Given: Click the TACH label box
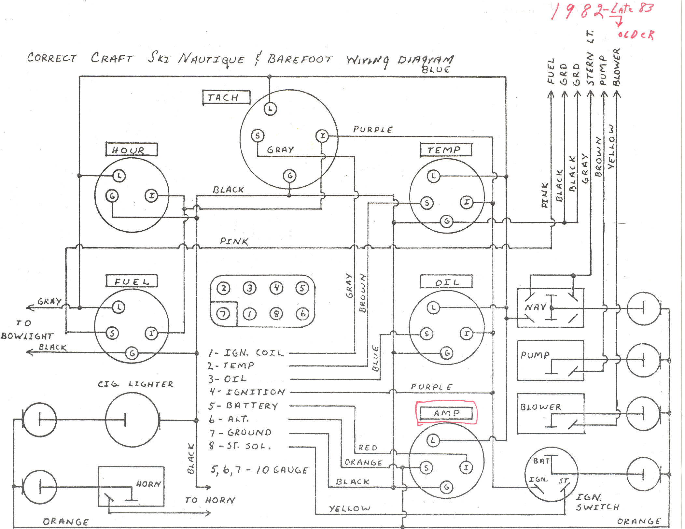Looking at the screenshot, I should coord(226,97).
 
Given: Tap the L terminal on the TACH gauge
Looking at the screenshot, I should coord(270,108).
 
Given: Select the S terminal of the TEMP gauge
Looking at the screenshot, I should coord(426,203).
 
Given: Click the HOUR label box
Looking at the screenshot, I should coord(131,150).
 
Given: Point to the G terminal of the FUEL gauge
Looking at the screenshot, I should coord(132,353).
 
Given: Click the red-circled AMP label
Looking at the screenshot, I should coord(446,413).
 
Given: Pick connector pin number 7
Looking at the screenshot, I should coord(223,314).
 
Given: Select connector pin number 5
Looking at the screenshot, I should coord(302,288).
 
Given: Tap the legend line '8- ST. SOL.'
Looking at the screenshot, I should coord(240,446).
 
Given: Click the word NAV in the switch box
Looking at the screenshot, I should coord(535,307).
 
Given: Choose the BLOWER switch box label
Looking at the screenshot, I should coord(541,407).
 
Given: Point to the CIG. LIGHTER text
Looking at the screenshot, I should coord(136,384).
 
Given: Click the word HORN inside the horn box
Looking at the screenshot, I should coord(148,484).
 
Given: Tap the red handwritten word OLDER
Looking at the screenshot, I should coord(636,35).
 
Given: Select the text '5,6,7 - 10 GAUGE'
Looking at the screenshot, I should coord(259,470).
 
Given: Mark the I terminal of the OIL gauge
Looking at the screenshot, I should coord(466,334).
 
